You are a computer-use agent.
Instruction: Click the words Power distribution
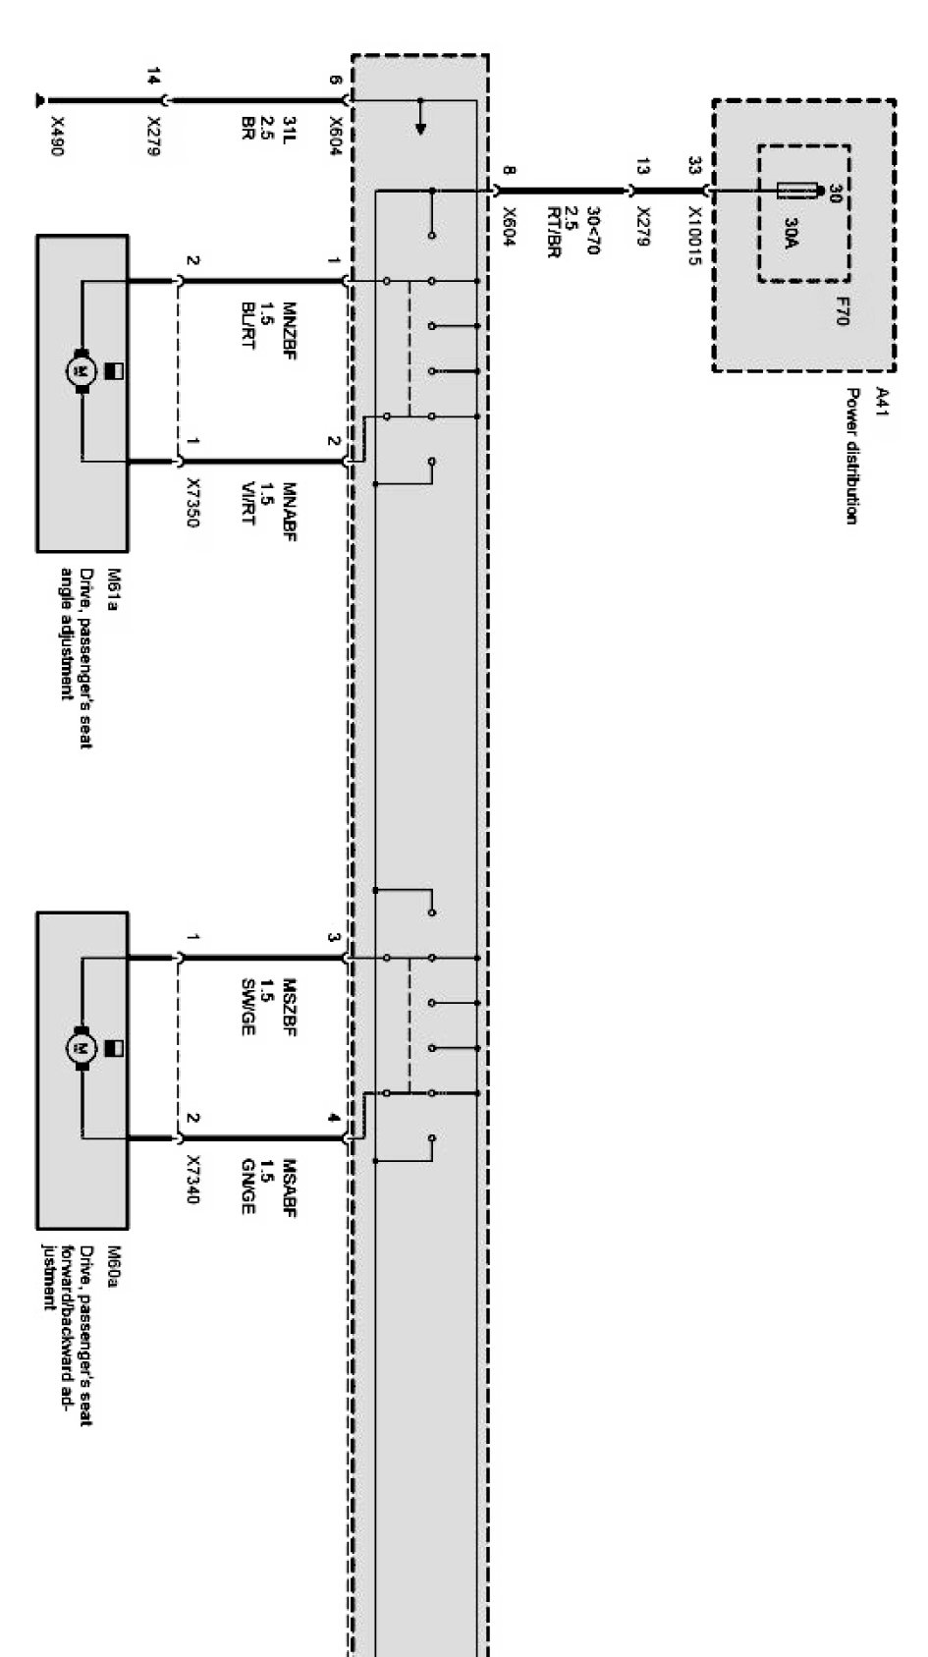coord(853,456)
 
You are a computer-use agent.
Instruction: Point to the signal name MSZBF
coord(290,1007)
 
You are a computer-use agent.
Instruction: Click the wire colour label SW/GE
coord(248,1007)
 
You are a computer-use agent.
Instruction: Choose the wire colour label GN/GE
coord(248,1187)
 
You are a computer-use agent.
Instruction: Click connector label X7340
coord(192,1183)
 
